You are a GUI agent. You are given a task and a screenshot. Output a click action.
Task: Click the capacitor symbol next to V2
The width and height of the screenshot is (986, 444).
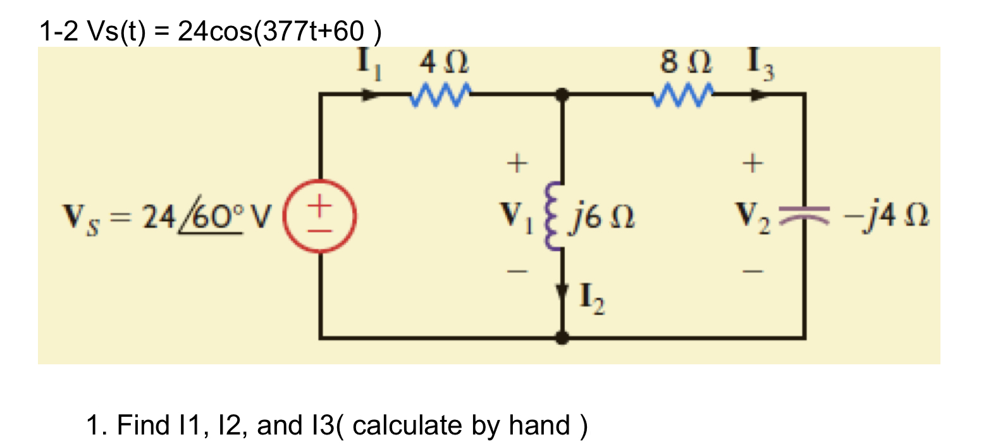[804, 216]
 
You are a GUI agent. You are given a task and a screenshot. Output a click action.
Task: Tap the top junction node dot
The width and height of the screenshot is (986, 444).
[561, 95]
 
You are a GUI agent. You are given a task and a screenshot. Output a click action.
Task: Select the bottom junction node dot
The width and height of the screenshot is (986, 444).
[561, 338]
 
